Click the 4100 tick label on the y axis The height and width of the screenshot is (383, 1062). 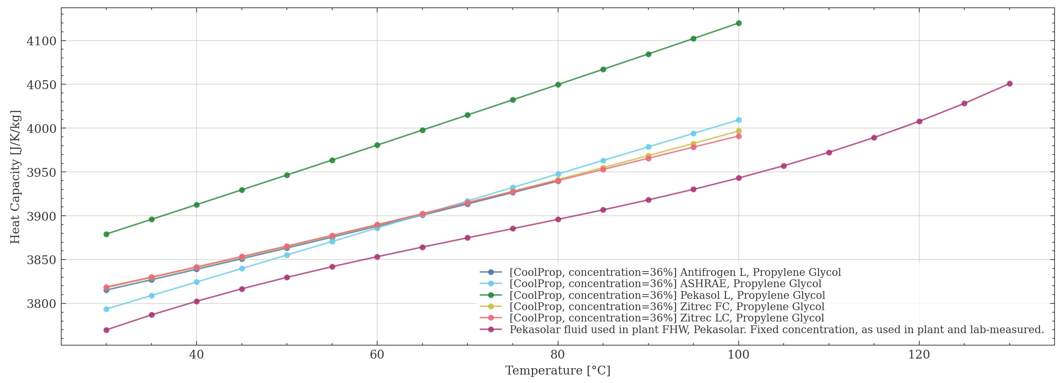[41, 41]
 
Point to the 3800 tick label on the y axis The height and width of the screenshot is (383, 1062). [41, 304]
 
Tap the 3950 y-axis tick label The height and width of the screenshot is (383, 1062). [41, 173]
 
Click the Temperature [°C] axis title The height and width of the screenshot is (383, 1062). [557, 371]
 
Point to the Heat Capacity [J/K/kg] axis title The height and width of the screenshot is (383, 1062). [15, 177]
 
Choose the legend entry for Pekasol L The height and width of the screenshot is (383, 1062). [667, 295]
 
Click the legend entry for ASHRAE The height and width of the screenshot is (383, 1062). [665, 284]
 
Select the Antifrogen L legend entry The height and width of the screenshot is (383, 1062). [675, 272]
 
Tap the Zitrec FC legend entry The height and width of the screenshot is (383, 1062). [667, 306]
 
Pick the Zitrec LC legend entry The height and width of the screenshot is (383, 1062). [667, 318]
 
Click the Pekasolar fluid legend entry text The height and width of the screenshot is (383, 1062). [776, 330]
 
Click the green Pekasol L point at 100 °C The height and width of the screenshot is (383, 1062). [738, 23]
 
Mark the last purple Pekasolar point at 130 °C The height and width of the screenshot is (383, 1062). [1010, 83]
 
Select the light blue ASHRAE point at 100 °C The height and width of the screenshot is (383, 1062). [738, 120]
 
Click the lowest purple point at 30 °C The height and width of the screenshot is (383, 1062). [106, 330]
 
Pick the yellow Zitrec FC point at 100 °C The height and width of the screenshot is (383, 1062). [738, 131]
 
